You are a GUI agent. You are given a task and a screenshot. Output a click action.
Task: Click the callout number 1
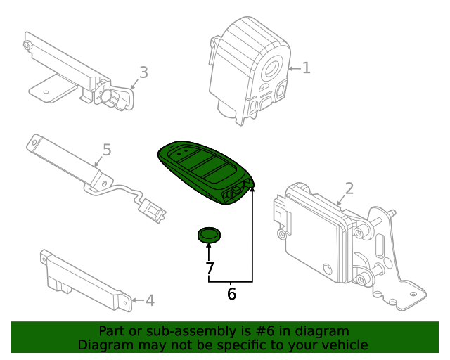[306, 67]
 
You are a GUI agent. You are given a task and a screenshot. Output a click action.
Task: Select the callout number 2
[349, 188]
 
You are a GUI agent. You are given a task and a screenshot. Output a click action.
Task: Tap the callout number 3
[143, 72]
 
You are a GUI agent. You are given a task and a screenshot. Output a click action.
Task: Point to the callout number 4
[149, 301]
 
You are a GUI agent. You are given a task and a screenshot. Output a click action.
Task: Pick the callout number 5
[107, 150]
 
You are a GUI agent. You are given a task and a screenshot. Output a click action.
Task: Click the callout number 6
[231, 294]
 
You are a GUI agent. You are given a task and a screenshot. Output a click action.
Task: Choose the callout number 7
[209, 268]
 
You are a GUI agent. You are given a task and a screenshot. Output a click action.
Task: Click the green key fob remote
[204, 172]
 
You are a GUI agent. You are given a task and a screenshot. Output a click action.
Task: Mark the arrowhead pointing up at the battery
[209, 245]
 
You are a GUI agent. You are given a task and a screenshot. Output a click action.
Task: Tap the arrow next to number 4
[136, 301]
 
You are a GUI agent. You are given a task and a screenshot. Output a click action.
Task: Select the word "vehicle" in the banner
[342, 345]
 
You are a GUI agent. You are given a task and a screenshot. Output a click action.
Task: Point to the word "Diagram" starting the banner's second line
[103, 345]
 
